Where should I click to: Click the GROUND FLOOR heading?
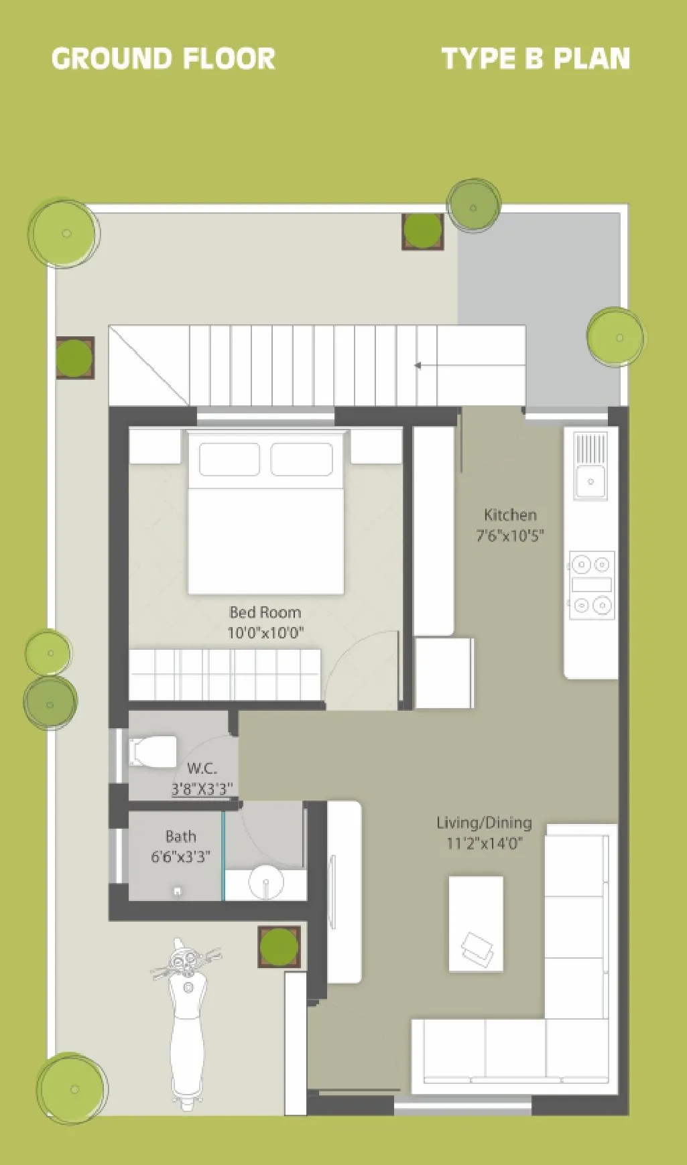(x=163, y=59)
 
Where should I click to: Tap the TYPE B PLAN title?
(x=536, y=59)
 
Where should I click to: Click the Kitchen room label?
(x=510, y=515)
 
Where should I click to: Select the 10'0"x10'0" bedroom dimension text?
(x=265, y=632)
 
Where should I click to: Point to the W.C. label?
(x=202, y=768)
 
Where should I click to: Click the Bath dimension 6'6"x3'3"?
(x=180, y=856)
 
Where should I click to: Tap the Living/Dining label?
(x=484, y=823)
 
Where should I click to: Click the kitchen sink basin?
(x=590, y=480)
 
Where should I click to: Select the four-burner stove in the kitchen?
(x=591, y=585)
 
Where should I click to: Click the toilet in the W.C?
(x=153, y=751)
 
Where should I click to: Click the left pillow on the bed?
(x=229, y=460)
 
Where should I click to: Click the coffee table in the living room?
(x=475, y=923)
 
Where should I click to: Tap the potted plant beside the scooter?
(x=279, y=947)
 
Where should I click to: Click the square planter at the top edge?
(x=422, y=232)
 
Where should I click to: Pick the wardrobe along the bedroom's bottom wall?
(x=224, y=675)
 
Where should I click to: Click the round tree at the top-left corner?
(x=64, y=233)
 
